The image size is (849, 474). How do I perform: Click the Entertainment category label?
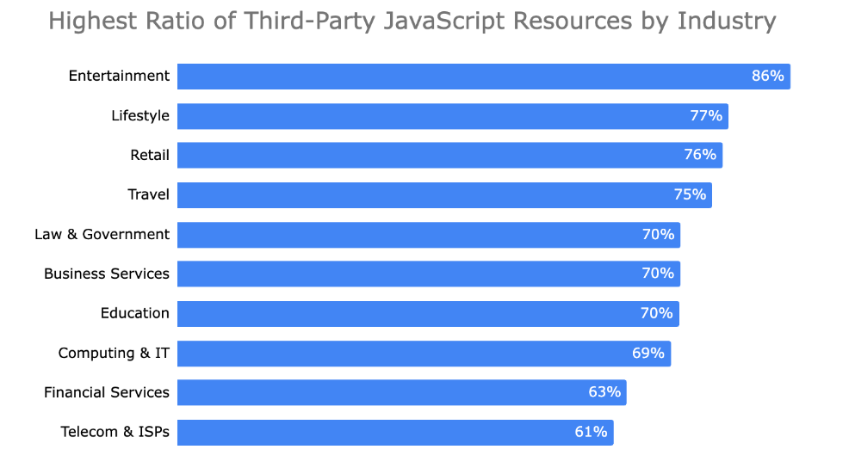pos(119,76)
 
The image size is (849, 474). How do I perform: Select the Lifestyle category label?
pos(140,115)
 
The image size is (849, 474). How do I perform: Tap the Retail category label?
pos(150,155)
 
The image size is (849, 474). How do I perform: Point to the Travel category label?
pos(148,194)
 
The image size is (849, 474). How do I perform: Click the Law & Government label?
pos(102,234)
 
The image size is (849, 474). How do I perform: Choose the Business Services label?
pos(107,274)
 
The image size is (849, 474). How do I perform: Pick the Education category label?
pos(135,313)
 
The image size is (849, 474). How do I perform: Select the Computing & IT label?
pos(114,353)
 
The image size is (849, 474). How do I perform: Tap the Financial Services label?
pos(107,392)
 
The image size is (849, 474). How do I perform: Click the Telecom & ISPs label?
pos(115,432)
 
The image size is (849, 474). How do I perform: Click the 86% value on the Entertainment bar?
pos(767,76)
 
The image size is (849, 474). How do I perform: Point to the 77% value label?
pos(705,115)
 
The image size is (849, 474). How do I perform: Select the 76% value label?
pos(700,155)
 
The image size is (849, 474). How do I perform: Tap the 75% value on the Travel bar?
pos(690,194)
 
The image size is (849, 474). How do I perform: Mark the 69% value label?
pos(648,353)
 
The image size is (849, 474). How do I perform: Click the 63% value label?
pos(604,392)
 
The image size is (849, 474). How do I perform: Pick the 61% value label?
pos(591,432)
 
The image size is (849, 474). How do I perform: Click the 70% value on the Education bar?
pos(656,313)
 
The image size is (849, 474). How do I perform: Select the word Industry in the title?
pos(727,22)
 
